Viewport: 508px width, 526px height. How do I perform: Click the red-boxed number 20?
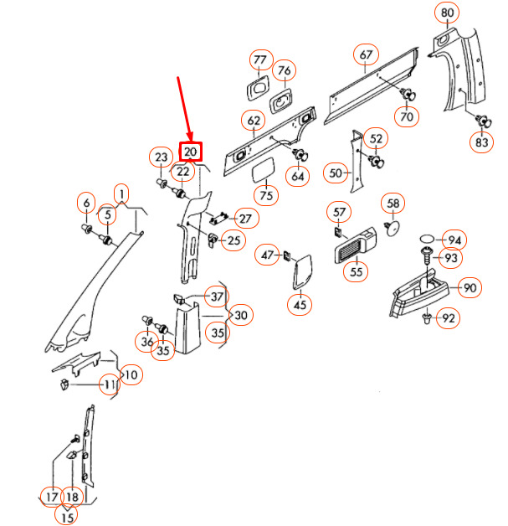click(191, 152)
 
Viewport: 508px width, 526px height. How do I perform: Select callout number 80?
click(447, 13)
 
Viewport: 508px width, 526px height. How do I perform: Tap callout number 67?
click(366, 54)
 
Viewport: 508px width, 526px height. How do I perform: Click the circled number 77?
click(260, 59)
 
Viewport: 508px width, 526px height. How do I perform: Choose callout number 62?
click(254, 121)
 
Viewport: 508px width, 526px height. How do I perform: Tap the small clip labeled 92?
click(427, 318)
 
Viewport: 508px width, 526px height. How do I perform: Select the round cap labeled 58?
click(393, 228)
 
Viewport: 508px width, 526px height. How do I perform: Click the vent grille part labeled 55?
click(355, 245)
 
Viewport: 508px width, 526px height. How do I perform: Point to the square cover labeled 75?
click(264, 170)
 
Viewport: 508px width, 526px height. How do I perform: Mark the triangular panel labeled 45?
click(302, 272)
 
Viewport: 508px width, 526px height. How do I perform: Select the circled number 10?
click(131, 374)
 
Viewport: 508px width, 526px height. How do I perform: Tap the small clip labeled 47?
click(287, 255)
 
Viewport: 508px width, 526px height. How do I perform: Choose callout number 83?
click(481, 142)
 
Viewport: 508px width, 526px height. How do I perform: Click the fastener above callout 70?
click(408, 94)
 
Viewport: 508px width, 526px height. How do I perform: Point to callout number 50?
click(336, 173)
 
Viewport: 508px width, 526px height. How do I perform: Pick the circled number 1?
click(121, 193)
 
